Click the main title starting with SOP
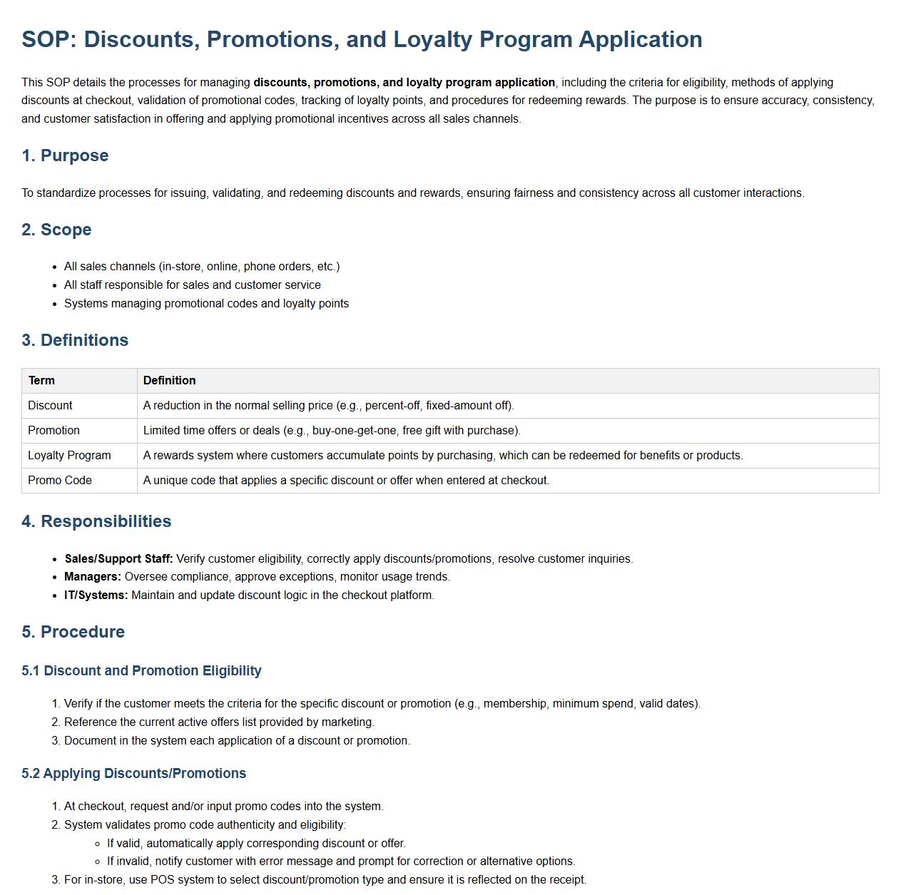coord(362,39)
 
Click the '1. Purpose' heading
coord(65,155)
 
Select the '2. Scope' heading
coord(56,230)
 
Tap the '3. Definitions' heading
coord(75,340)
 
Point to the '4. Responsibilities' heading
coord(96,521)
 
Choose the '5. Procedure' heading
coord(73,632)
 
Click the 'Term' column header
coord(41,381)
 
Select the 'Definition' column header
coord(169,381)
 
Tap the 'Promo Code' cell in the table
coord(60,481)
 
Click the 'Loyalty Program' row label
coord(69,456)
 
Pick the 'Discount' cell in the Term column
coord(50,406)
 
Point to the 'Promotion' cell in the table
coord(54,431)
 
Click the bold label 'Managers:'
coord(93,577)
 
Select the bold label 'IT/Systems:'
coord(96,595)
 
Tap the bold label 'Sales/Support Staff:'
coord(118,559)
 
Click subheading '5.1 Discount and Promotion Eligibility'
coord(141,671)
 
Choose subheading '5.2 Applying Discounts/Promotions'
coord(133,774)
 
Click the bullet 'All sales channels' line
coord(202,267)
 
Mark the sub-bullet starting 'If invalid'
coord(341,861)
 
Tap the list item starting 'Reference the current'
coord(219,722)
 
